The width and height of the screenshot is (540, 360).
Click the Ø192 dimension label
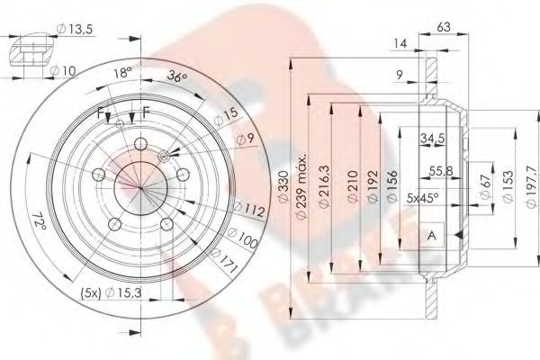372,186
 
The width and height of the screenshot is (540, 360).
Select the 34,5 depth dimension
434,137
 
